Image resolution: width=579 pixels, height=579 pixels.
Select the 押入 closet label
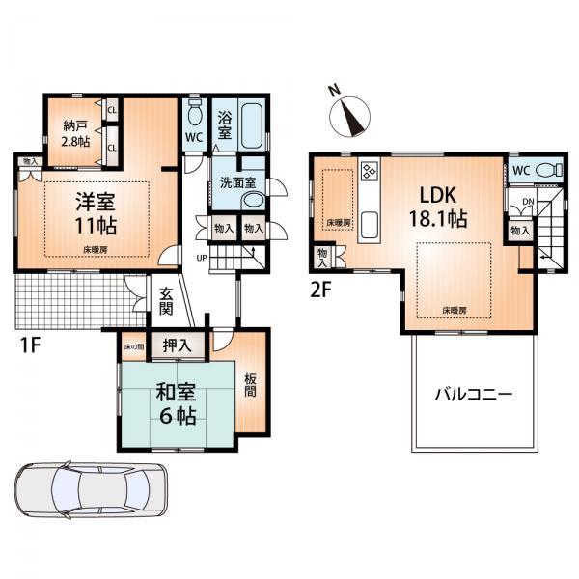[177, 344]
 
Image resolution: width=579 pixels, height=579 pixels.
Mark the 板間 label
[249, 386]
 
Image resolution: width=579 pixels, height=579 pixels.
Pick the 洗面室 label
[235, 181]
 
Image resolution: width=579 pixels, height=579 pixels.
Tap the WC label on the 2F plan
[520, 171]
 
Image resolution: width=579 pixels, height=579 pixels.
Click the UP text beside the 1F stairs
[201, 259]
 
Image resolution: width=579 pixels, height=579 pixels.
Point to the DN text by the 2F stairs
[527, 203]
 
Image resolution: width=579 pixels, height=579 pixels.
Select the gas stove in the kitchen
[369, 172]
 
